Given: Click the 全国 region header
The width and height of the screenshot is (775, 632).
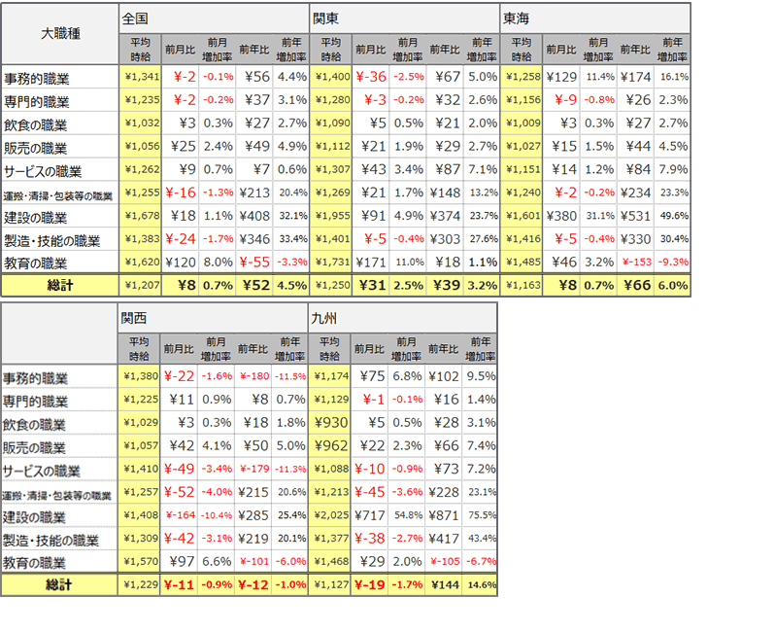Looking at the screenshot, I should pyautogui.click(x=136, y=18).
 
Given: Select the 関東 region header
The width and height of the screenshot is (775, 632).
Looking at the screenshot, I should pyautogui.click(x=326, y=18).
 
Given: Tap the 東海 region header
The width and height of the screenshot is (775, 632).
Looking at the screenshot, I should pyautogui.click(x=517, y=18).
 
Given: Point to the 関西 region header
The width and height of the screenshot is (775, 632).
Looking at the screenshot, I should pyautogui.click(x=136, y=317).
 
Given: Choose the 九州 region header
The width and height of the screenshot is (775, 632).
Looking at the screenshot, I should pyautogui.click(x=326, y=317).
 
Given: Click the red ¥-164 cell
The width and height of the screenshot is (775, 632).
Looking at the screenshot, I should pyautogui.click(x=180, y=515).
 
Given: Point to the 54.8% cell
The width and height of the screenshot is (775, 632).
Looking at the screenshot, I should pyautogui.click(x=406, y=515).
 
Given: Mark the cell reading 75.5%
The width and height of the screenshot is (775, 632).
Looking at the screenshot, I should pyautogui.click(x=481, y=515).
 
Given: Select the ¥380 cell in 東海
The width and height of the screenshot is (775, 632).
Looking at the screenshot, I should pyautogui.click(x=560, y=217).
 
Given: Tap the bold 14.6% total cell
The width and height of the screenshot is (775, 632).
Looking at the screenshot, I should pyautogui.click(x=481, y=585).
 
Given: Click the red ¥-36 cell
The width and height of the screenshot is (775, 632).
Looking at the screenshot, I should pyautogui.click(x=370, y=77).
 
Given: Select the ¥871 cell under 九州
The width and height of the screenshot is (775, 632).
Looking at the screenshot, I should pyautogui.click(x=444, y=515).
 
